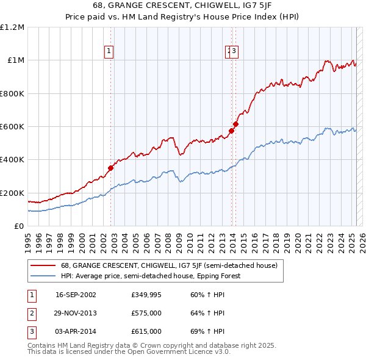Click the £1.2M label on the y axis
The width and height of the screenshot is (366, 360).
(x=12, y=27)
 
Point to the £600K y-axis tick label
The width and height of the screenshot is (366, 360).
(x=12, y=127)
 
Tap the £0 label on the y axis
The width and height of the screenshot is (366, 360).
(x=18, y=226)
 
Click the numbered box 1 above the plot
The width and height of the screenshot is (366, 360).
(x=109, y=52)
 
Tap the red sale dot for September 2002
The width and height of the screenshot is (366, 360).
(x=110, y=168)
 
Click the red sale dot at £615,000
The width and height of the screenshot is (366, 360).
(x=235, y=124)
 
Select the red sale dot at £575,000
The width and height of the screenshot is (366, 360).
(x=232, y=131)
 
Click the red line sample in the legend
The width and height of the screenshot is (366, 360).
(x=43, y=266)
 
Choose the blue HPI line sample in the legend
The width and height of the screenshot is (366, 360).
(x=43, y=276)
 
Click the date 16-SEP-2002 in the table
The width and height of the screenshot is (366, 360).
(x=76, y=295)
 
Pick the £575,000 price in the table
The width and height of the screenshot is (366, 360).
(x=146, y=313)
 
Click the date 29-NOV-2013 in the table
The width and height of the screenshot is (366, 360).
(x=76, y=313)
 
